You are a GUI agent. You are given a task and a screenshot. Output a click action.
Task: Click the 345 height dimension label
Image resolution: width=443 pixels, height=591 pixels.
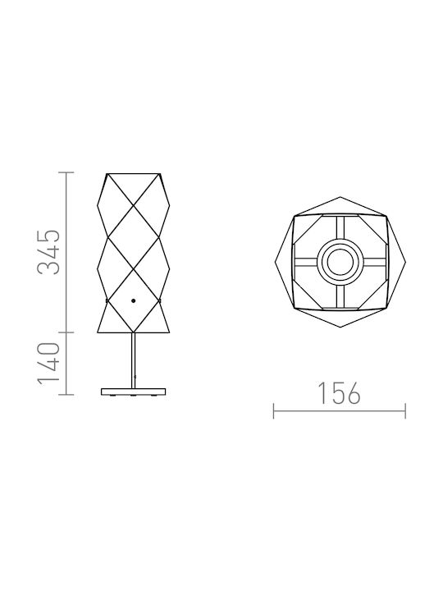48,251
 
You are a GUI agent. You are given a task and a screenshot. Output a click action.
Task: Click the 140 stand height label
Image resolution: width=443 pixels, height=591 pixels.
48,364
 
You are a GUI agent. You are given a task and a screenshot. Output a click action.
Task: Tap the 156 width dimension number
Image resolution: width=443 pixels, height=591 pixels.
340,393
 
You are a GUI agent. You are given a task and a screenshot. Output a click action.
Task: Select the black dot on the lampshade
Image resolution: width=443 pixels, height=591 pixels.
134,300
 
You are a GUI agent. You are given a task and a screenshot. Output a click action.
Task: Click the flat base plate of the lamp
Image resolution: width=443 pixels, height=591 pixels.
134,392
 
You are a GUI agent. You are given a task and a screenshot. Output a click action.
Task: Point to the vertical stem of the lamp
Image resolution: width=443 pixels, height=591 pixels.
134,360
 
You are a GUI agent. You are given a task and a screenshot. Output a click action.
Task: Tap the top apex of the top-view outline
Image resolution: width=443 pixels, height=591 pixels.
340,197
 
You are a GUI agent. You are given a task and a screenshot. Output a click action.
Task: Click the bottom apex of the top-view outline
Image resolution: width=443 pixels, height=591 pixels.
340,327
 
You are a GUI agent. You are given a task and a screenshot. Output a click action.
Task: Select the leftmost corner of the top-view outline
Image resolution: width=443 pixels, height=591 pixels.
276,262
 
